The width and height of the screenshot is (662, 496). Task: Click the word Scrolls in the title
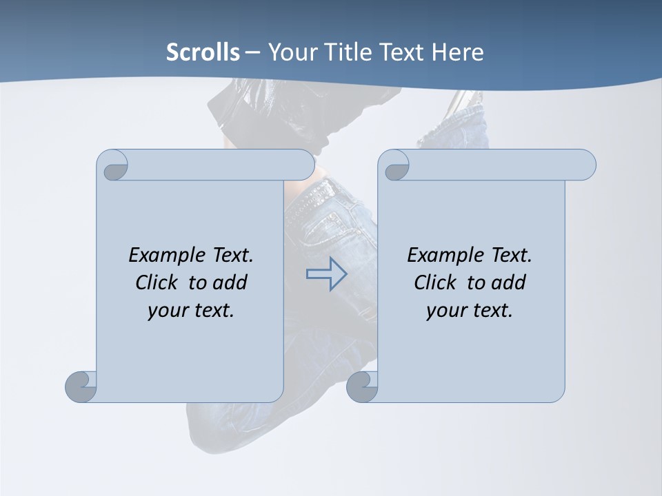pos(203,52)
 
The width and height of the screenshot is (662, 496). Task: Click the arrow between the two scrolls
pos(326,274)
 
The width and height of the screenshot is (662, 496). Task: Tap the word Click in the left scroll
pos(159,283)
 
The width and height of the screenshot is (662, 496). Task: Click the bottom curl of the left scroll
pos(81,386)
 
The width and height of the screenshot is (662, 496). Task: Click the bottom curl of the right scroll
pos(362,386)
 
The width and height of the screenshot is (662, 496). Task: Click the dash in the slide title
pos(253,52)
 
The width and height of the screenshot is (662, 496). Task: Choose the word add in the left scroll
pos(230,283)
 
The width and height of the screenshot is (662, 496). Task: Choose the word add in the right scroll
pos(508,283)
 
